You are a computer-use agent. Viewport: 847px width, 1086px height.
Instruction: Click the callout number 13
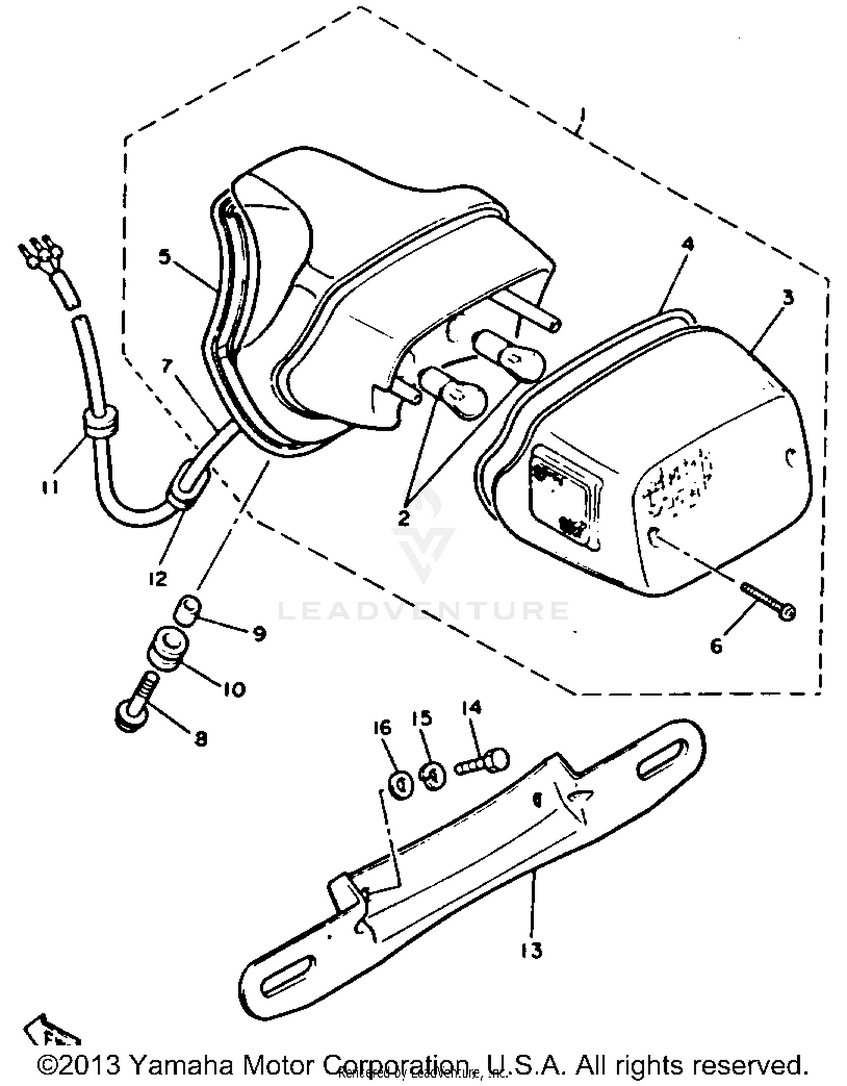click(531, 950)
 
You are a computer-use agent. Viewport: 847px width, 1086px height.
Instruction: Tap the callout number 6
click(716, 645)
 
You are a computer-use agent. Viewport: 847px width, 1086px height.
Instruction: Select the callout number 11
click(50, 486)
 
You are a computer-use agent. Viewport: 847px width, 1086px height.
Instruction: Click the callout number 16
click(382, 728)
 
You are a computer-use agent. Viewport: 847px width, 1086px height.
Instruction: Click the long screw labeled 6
click(767, 600)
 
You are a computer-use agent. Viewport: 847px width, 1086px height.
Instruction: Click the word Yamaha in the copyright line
click(181, 1065)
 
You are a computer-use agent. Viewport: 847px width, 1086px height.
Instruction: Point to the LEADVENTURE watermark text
click(423, 611)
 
